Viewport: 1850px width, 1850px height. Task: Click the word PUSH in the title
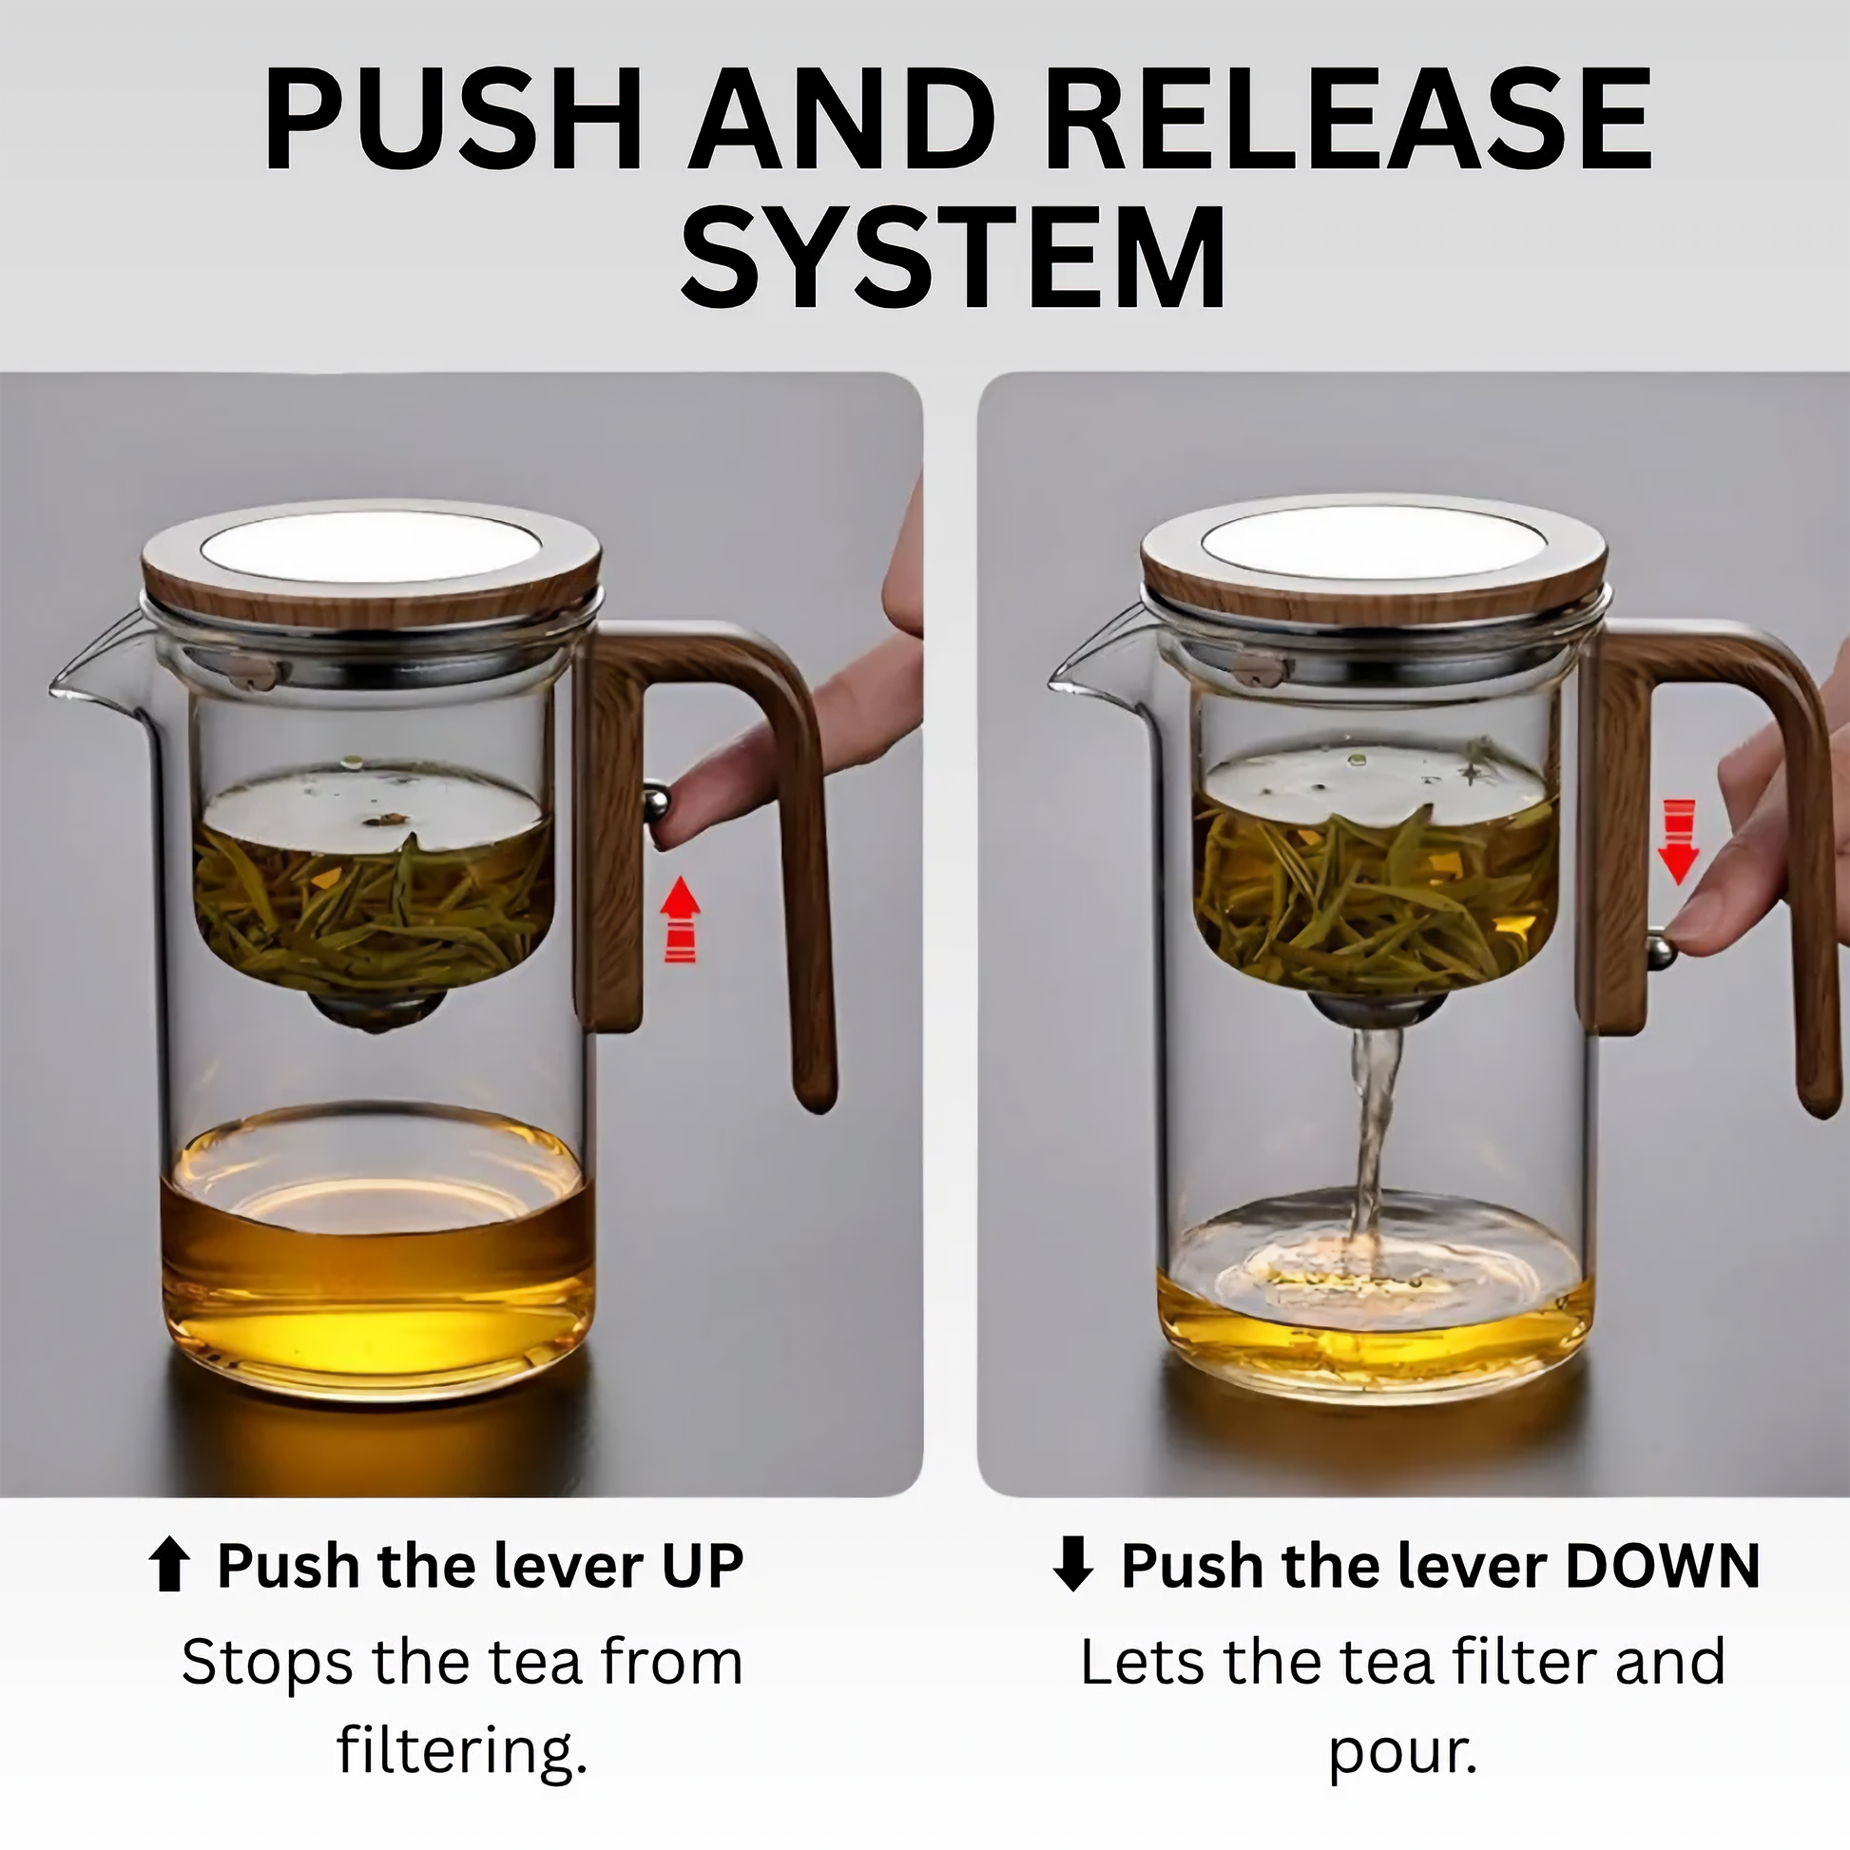click(x=453, y=122)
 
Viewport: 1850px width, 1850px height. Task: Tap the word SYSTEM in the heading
click(x=954, y=256)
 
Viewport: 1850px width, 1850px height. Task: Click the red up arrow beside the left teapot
click(x=681, y=919)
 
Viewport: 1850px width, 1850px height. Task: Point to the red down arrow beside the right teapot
click(x=1679, y=841)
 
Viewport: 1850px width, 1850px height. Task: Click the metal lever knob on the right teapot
click(x=1661, y=951)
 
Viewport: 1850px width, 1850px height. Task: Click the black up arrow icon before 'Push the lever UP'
click(x=169, y=1567)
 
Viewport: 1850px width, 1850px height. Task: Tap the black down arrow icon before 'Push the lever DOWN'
click(x=1073, y=1567)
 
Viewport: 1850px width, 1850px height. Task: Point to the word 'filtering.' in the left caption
click(x=461, y=1751)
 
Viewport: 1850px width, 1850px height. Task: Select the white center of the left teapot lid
click(x=371, y=547)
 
